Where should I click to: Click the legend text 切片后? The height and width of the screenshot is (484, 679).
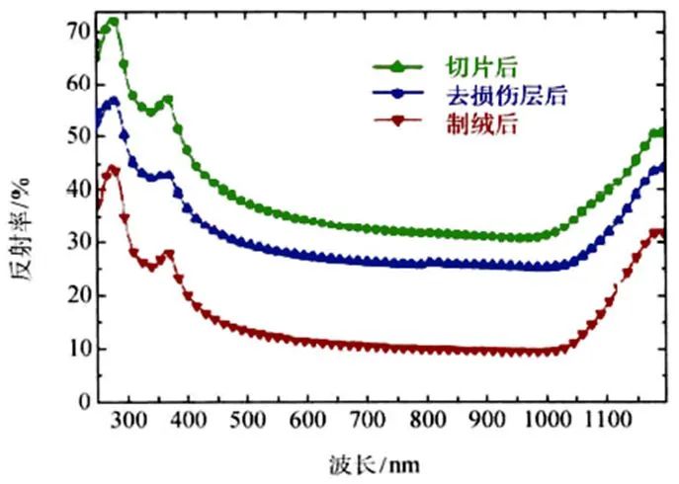coord(468,67)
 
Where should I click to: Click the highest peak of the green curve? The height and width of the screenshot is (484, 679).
coord(113,21)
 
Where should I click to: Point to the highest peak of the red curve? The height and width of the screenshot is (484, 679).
coord(113,170)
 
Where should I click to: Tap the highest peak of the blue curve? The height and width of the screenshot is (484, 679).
coord(113,100)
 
